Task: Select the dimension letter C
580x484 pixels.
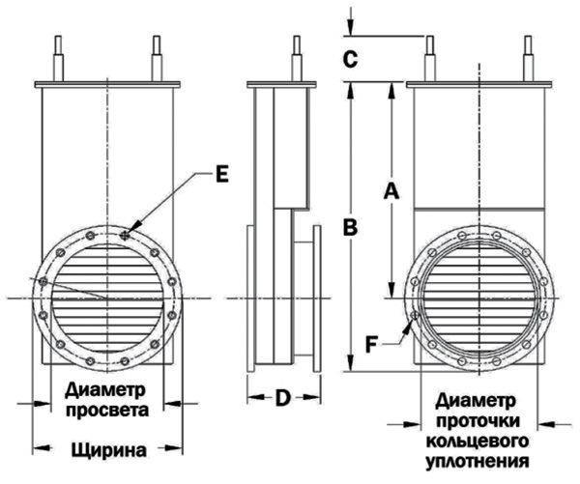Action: click(351, 59)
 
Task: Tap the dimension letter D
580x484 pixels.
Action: click(282, 396)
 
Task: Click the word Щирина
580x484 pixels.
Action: click(108, 449)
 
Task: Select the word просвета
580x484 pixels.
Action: click(108, 411)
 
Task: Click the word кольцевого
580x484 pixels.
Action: click(480, 438)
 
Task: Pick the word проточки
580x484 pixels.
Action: click(480, 419)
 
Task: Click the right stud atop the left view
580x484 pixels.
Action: click(157, 58)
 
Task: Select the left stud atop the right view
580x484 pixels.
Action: click(429, 58)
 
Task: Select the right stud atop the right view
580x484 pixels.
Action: click(528, 58)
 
